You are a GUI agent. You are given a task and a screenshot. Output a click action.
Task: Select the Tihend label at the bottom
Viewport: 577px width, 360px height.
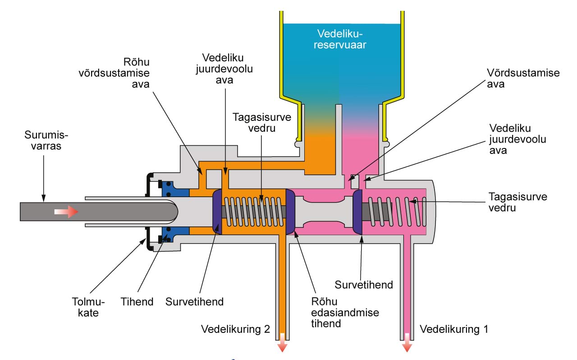(137, 302)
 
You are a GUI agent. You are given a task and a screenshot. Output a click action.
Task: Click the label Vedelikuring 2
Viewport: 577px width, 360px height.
(235, 329)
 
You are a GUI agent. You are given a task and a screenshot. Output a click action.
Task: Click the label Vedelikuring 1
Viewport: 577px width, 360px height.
(453, 329)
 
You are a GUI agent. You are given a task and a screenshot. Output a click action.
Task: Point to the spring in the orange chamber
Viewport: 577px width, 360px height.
(255, 212)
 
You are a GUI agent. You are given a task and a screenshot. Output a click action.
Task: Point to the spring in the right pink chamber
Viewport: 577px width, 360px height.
(397, 211)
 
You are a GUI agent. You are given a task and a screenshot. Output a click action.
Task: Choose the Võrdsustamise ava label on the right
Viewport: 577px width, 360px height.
(523, 78)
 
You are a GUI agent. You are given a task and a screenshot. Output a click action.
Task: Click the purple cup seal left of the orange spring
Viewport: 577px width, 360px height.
(217, 212)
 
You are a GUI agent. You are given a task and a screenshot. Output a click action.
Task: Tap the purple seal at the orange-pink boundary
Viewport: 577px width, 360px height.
(290, 212)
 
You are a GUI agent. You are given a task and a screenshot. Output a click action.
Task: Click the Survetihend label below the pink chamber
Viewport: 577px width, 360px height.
(363, 285)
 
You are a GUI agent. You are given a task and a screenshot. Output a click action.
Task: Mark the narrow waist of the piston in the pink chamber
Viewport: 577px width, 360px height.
(324, 212)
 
